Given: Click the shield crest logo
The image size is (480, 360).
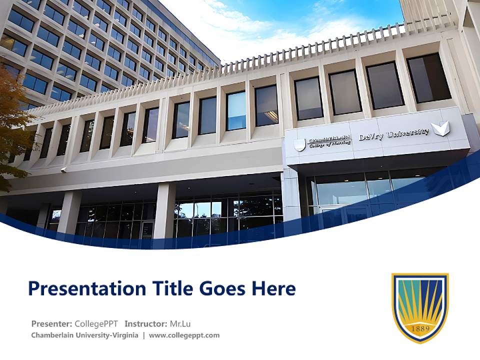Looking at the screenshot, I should pos(419,307).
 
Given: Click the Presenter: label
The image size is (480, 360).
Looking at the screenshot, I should pos(51,323).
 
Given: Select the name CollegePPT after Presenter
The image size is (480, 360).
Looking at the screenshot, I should pos(96,323).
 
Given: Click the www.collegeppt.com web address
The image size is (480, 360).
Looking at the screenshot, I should pos(184,335).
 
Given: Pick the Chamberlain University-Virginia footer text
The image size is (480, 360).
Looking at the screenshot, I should pos(84,335).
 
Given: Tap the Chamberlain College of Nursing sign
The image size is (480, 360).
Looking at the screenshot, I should pos(329,141).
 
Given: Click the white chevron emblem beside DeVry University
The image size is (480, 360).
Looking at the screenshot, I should pos(440,129).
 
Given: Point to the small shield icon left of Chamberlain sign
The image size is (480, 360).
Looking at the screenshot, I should pos(299,145).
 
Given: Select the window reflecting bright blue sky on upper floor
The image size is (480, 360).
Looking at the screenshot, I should pos(236,111).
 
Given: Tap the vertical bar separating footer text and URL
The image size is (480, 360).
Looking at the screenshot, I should pos(143,335).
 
